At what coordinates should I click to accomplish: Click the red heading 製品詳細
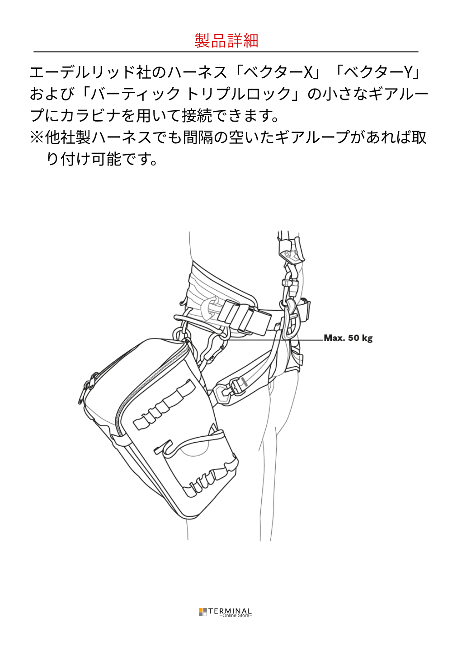tap(226, 41)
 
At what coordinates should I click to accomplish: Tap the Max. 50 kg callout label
tap(348, 338)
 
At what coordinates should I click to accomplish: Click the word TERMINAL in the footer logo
tap(230, 611)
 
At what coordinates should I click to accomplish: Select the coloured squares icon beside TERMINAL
tap(203, 612)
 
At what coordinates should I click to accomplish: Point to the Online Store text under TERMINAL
tap(235, 616)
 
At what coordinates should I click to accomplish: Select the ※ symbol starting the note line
tap(37, 137)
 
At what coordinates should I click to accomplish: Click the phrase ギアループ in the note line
tap(312, 137)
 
